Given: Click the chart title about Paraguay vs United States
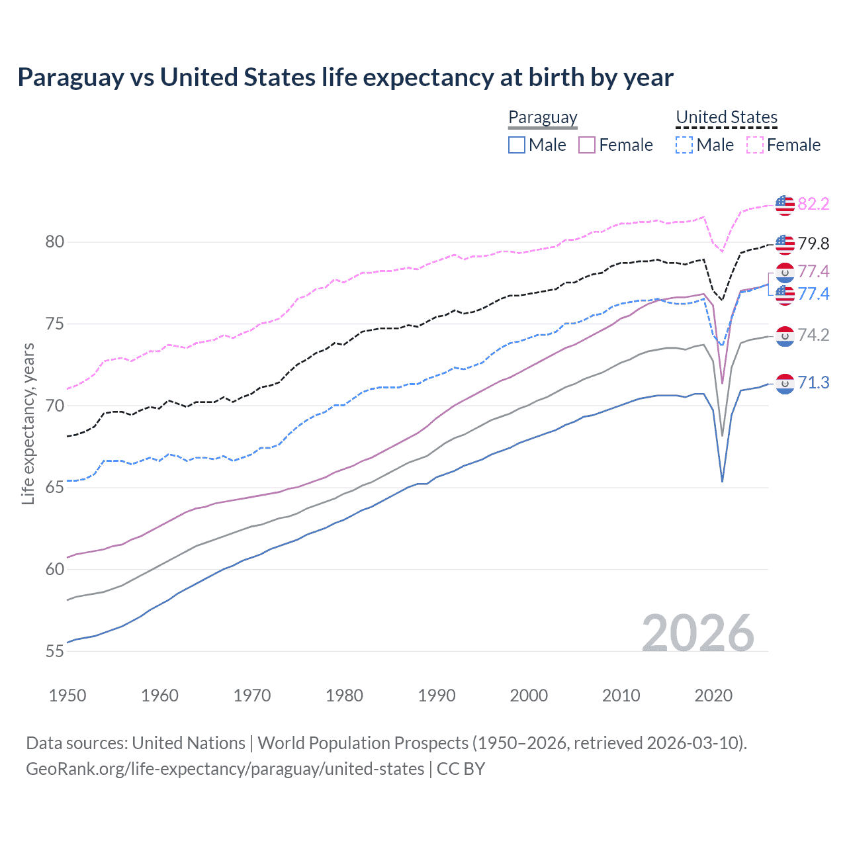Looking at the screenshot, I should pos(345,77).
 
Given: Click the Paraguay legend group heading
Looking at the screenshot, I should pos(543,118).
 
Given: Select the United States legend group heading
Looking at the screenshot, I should pos(726,118).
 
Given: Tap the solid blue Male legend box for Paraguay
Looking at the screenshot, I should pos(517,145).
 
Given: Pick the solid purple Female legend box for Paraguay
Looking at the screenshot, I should pos(587,145).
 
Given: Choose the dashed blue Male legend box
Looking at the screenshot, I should pos(684,145).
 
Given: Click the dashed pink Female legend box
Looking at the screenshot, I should pos(754,145).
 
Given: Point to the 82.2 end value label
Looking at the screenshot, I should pos(813,204).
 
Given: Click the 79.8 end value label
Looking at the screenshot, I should pos(813,244).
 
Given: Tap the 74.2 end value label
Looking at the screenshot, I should pos(813,335).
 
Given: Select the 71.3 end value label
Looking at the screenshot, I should pos(813,383).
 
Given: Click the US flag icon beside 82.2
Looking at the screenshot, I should pos(785,205).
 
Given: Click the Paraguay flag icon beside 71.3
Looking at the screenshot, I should pos(785,384).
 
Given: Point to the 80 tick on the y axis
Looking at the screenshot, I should pos(55,242).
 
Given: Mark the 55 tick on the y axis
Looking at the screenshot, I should pos(55,651).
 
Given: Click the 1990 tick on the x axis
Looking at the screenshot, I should pos(437,695).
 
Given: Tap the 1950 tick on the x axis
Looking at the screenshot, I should pos(67,695).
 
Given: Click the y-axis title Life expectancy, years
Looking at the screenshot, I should pos(28,423).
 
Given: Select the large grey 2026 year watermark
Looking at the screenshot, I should pos(697,633).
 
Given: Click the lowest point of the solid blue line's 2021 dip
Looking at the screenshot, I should pos(722,481).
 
